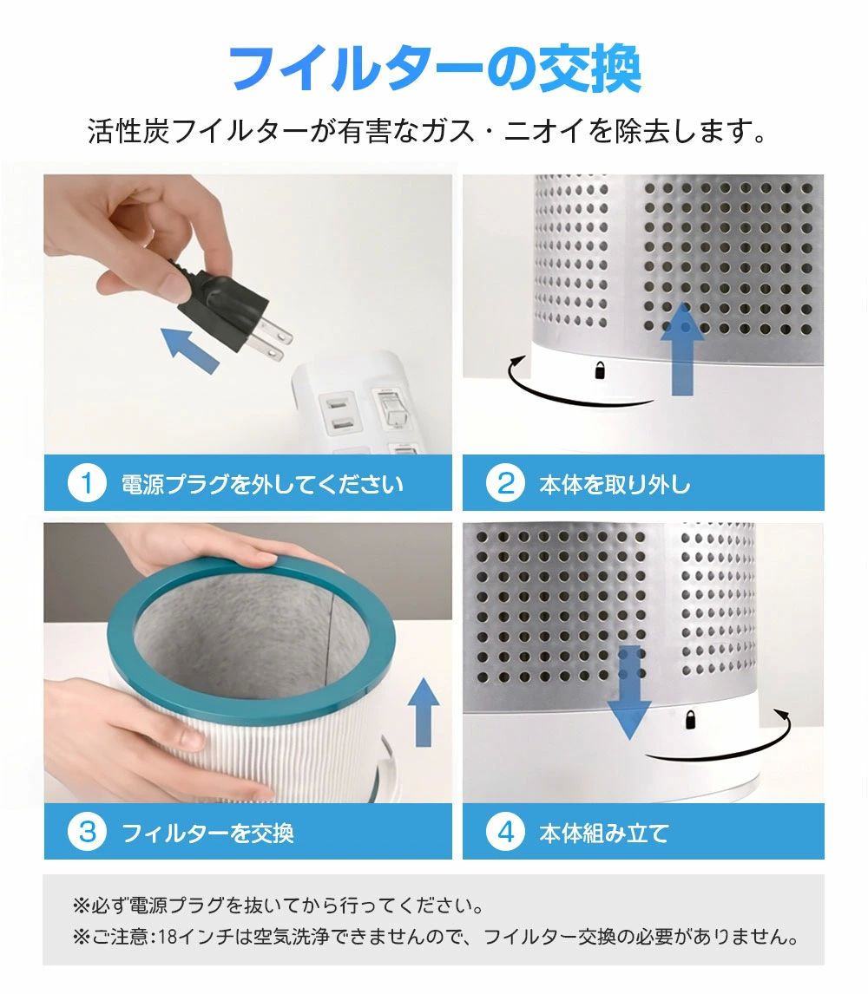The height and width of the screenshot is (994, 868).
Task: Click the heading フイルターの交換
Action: coord(434,68)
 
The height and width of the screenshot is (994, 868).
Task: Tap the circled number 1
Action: coord(87,483)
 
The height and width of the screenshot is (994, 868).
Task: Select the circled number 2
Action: coord(505,483)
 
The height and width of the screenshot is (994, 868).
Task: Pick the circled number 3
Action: coord(87,832)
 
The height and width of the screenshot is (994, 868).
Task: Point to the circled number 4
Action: coord(505,832)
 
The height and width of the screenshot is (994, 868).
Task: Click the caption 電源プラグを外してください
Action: coord(262,484)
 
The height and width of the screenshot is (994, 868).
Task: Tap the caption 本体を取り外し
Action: coord(615,484)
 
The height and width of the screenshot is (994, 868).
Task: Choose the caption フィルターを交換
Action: coord(207,833)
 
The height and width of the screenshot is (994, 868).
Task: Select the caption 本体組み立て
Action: coord(604,833)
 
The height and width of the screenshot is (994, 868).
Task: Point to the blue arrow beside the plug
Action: coord(190,350)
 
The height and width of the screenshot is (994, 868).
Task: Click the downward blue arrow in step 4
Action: coord(629,692)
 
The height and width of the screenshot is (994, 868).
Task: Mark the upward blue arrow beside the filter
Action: coord(424,712)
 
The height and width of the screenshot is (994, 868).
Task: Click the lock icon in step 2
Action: coord(600,370)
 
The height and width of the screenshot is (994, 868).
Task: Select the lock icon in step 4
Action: coord(690,720)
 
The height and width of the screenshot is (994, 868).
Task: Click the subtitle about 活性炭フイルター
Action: coord(428,131)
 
